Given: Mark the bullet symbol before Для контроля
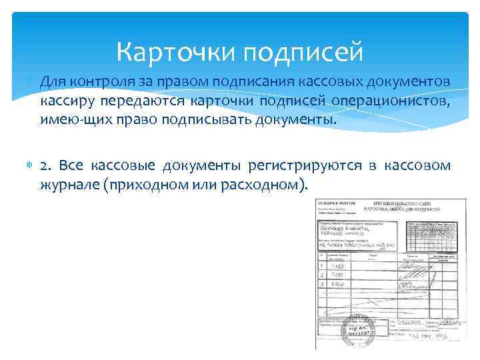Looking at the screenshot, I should point(28,81).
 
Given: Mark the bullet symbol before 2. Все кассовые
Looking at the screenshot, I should point(28,165).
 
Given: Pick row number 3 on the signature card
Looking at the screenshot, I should point(322,283).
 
